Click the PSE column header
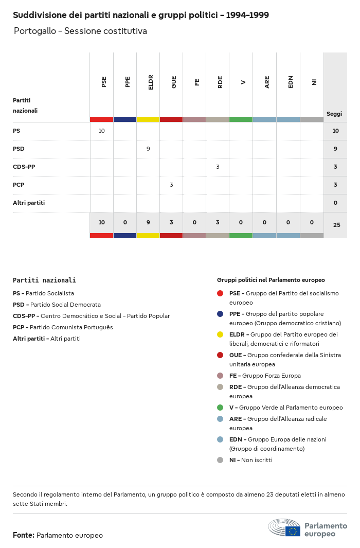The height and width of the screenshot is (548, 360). pyautogui.click(x=104, y=82)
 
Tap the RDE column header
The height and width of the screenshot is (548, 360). pyautogui.click(x=220, y=82)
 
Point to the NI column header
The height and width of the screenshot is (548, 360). pyautogui.click(x=314, y=82)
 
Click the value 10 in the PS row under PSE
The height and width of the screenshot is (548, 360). pyautogui.click(x=101, y=131)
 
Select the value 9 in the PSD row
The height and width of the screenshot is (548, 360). pyautogui.click(x=148, y=149)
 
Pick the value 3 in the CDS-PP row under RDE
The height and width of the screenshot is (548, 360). pyautogui.click(x=218, y=167)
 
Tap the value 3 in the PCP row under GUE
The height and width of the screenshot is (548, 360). pyautogui.click(x=171, y=185)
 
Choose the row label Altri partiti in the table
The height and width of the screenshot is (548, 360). pyautogui.click(x=29, y=203)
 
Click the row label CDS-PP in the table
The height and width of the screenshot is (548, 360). pyautogui.click(x=24, y=167)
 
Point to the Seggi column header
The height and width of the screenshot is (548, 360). pyautogui.click(x=334, y=114)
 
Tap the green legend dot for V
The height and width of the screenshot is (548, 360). pyautogui.click(x=220, y=408)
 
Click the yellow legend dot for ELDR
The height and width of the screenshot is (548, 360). pyautogui.click(x=220, y=334)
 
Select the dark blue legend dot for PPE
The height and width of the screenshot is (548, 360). pyautogui.click(x=220, y=314)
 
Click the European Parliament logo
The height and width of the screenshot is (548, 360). pyautogui.click(x=308, y=528)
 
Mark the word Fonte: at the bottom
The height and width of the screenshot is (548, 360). pyautogui.click(x=24, y=535)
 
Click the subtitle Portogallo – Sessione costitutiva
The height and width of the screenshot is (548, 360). pyautogui.click(x=80, y=31)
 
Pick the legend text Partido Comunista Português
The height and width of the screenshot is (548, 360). pyautogui.click(x=71, y=327)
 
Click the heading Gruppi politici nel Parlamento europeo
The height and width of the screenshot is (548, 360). pyautogui.click(x=271, y=280)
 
